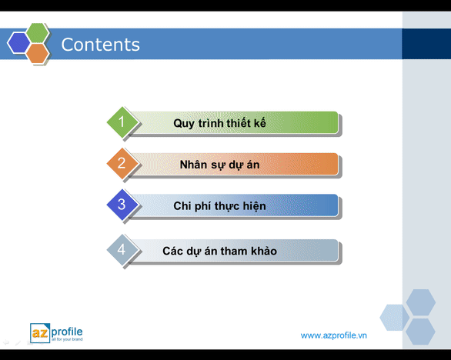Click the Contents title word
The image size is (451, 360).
100,45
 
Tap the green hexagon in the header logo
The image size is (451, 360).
38,33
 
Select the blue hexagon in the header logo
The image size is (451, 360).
18,43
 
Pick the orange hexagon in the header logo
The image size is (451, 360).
38,53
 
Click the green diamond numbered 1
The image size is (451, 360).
122,122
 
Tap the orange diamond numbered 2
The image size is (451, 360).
122,163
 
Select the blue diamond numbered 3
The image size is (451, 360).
122,205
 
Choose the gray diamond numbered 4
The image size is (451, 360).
122,249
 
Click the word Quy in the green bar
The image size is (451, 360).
184,124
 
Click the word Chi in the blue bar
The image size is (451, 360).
182,206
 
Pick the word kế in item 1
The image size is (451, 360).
259,123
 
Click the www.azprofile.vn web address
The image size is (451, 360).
334,335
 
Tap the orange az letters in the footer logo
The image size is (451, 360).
40,332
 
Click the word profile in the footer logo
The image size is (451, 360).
67,332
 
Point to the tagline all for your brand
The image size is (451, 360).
67,339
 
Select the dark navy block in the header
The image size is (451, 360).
426,44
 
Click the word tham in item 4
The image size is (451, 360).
235,251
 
